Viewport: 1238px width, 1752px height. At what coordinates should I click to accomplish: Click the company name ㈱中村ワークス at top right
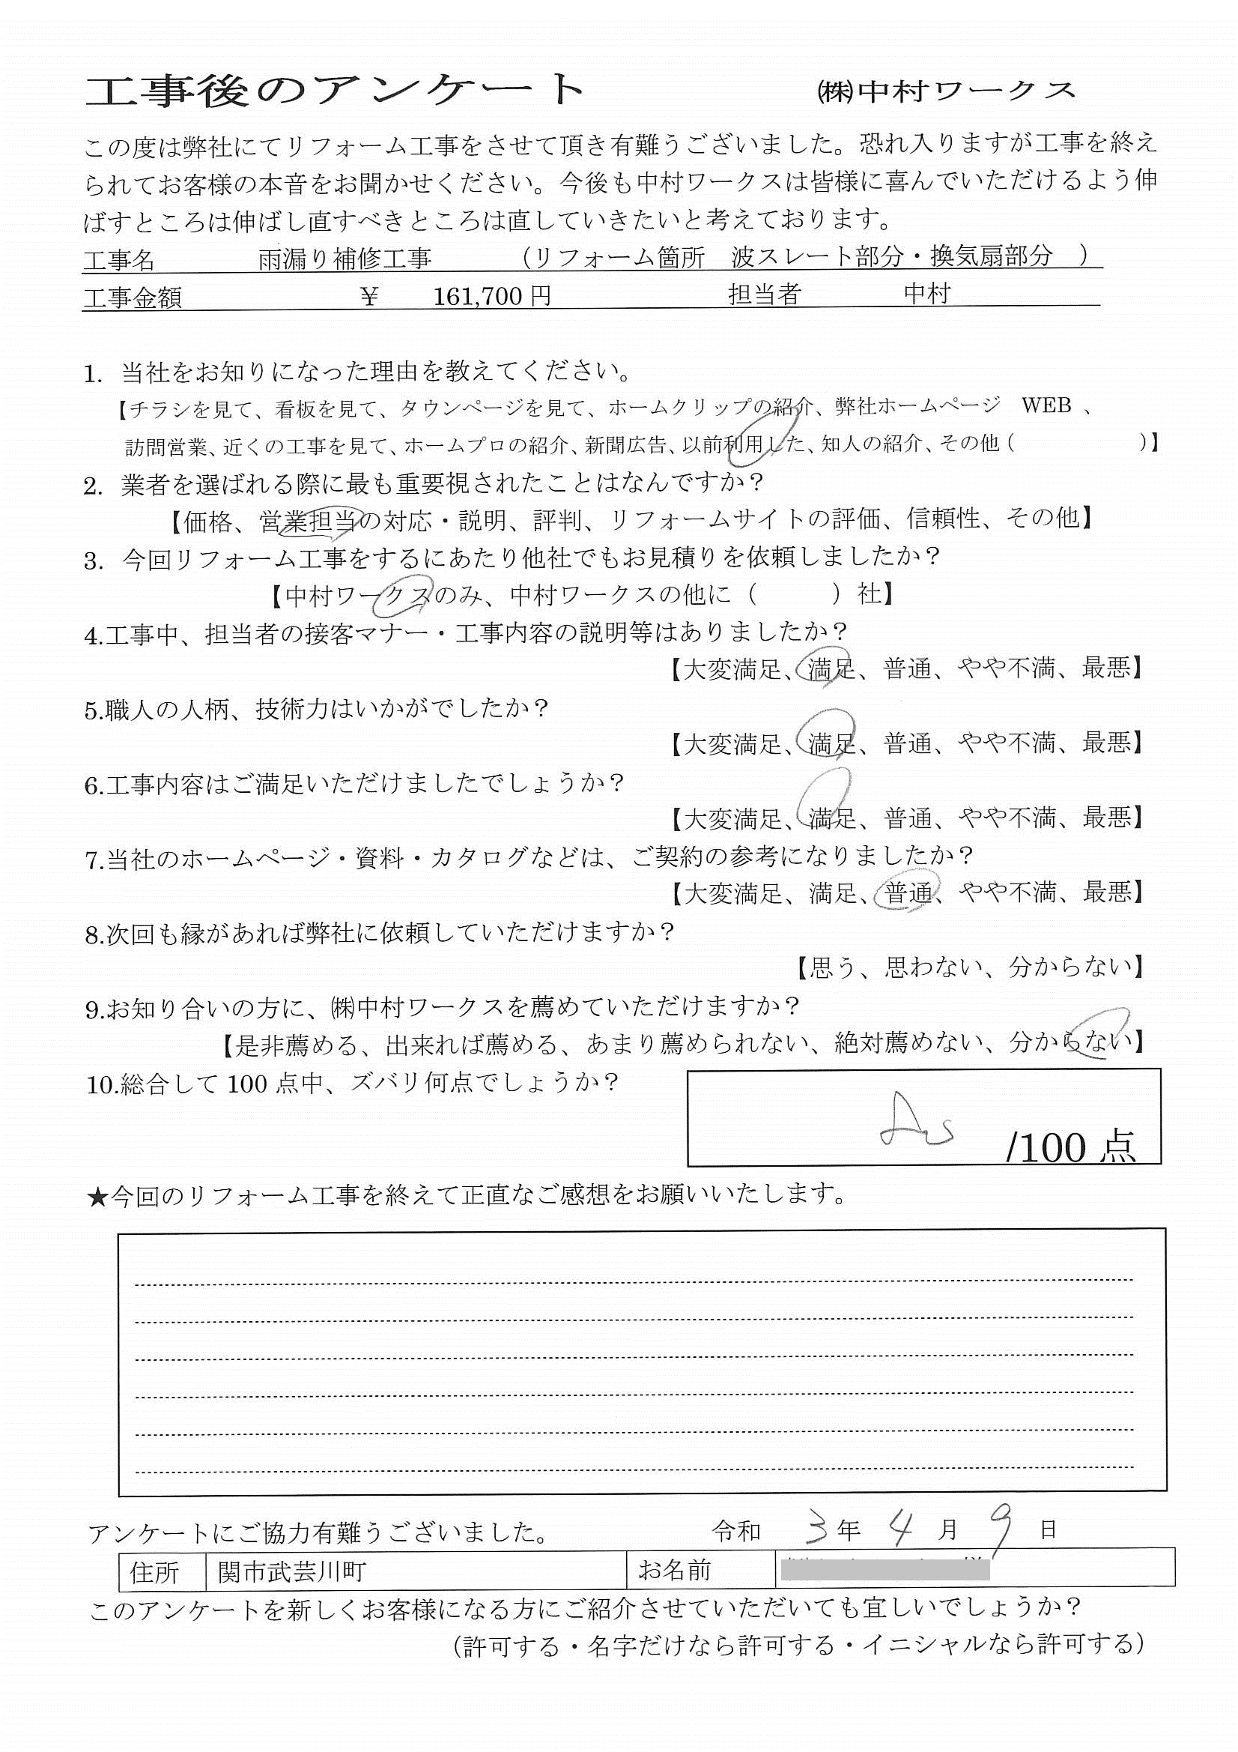click(x=945, y=91)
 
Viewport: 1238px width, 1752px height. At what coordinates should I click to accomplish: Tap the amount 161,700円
click(x=492, y=296)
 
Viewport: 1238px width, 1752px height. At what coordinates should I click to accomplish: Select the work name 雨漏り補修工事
click(x=345, y=259)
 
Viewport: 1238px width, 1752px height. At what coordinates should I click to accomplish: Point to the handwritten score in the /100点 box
click(x=916, y=1119)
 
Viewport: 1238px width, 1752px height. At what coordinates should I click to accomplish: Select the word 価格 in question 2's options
click(x=207, y=521)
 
